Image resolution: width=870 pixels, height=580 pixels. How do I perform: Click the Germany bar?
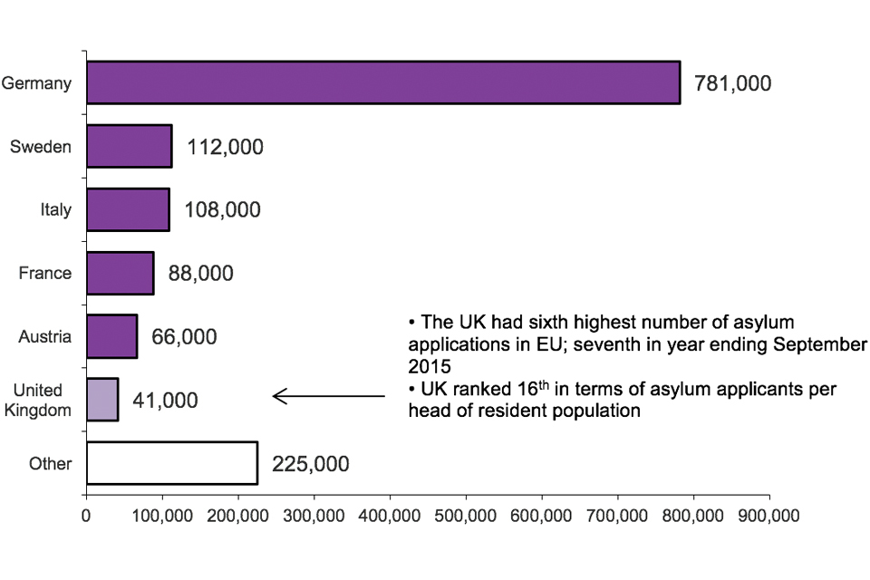pos(383,83)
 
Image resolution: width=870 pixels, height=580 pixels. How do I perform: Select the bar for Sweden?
pos(130,146)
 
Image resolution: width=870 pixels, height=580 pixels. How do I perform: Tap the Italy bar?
pos(128,210)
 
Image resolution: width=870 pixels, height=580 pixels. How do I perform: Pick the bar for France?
pos(121,273)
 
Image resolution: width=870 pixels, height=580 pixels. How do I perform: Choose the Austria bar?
pos(112,337)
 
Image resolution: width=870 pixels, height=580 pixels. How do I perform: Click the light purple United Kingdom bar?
pos(102,400)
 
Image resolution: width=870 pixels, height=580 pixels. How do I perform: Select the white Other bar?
pos(172,464)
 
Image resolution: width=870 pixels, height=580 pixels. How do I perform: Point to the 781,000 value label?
pos(732,83)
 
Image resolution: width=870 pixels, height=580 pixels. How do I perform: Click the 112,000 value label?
pos(225,147)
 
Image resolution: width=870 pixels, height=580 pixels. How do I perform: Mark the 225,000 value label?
pos(310,464)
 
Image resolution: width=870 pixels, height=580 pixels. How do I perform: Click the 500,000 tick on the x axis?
pos(466,516)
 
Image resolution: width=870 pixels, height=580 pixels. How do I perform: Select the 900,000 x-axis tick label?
pos(769,516)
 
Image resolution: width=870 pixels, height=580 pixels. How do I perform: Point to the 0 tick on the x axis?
pos(86,516)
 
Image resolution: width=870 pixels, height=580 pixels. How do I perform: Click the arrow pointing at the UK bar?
pos(328,396)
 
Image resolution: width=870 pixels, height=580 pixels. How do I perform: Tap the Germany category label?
pos(36,83)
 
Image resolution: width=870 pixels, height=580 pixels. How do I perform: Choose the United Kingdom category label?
pos(38,400)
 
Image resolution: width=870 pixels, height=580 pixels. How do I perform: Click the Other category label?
pos(50,464)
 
